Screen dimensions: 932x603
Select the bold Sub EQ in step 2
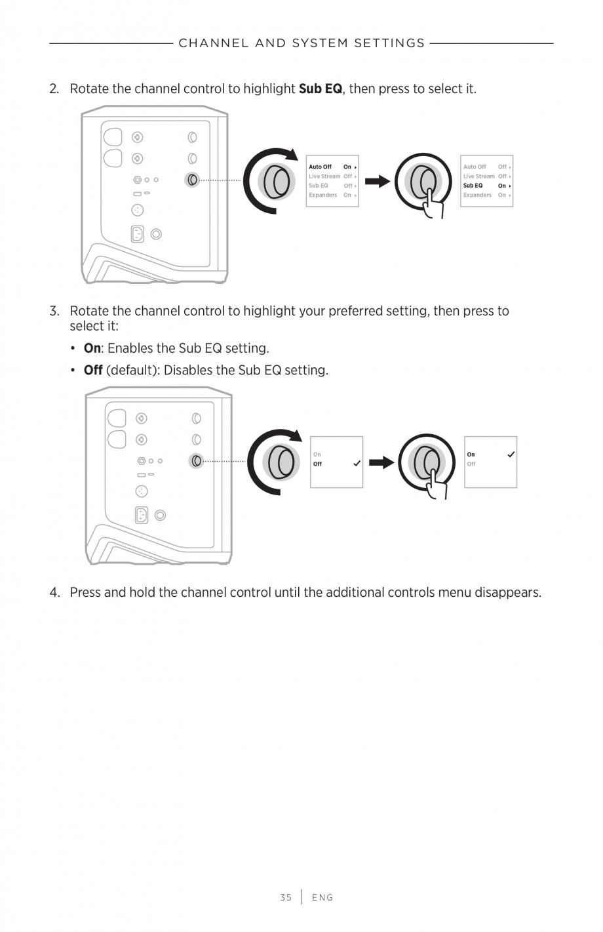(320, 89)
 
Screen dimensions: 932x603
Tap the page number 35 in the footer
(286, 897)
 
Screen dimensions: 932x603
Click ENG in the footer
(322, 897)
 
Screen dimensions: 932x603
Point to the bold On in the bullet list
(92, 348)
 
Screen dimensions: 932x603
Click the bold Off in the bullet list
(93, 370)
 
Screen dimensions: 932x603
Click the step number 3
(54, 311)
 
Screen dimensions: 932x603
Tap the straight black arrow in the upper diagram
(378, 182)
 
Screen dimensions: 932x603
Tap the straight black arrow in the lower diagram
(381, 462)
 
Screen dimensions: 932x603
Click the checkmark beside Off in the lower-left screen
(357, 464)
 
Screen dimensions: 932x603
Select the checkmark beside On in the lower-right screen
(511, 455)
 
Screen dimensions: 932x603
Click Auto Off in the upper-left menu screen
(320, 167)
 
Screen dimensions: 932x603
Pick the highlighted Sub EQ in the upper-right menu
(473, 186)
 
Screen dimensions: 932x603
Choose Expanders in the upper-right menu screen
(477, 195)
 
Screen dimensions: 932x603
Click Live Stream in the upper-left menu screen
(324, 176)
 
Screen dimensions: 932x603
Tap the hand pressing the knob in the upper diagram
(433, 205)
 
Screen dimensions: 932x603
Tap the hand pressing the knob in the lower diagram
(437, 485)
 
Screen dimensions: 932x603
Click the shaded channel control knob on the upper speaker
(192, 179)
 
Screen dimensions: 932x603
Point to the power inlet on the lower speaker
(141, 515)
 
